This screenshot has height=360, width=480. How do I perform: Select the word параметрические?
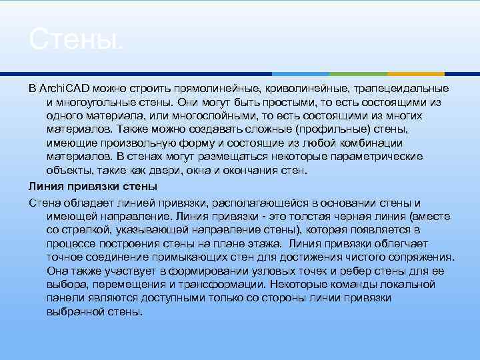tap(379, 157)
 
